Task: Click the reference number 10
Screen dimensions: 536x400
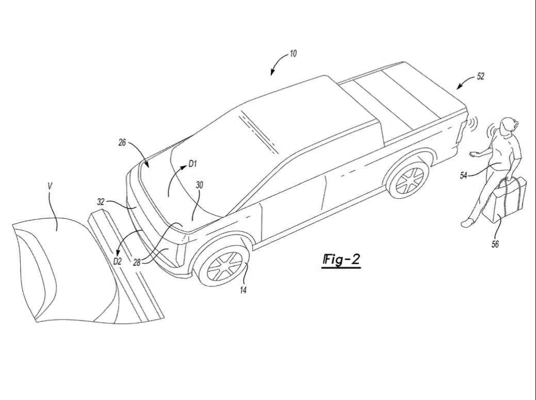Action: tap(293, 54)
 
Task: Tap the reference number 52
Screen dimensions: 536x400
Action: tap(480, 76)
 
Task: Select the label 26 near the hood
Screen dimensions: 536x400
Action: tap(122, 142)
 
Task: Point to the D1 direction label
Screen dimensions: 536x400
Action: tap(193, 164)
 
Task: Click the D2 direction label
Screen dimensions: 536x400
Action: tap(117, 262)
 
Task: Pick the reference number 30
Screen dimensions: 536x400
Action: tap(199, 185)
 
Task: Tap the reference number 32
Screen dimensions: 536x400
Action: tap(101, 202)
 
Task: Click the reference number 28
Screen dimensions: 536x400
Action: tap(137, 263)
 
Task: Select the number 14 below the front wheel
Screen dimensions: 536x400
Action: tap(243, 290)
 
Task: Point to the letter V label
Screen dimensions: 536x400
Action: tap(50, 186)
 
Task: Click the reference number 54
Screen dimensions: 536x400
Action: tap(463, 175)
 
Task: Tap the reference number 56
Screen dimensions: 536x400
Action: tap(495, 244)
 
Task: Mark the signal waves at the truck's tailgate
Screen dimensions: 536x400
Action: tap(473, 124)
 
